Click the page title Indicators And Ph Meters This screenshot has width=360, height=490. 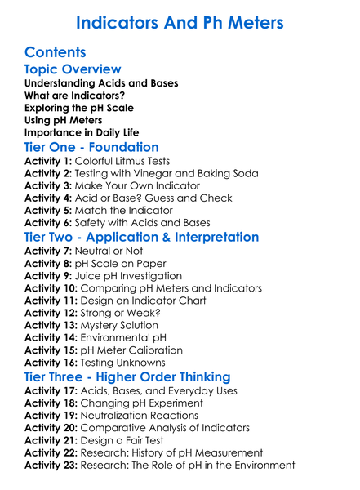coord(180,22)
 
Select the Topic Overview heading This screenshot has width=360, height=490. coord(73,69)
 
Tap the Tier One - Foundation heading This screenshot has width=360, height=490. coord(91,147)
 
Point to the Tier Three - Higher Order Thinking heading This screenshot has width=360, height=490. coord(127,377)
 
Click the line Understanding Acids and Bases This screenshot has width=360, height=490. coord(101,83)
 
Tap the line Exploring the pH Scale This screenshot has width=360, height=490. coord(79,108)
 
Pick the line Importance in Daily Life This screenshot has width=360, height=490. coord(82,131)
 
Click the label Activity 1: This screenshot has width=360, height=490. coord(48,162)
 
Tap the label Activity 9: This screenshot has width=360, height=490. coord(48,276)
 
